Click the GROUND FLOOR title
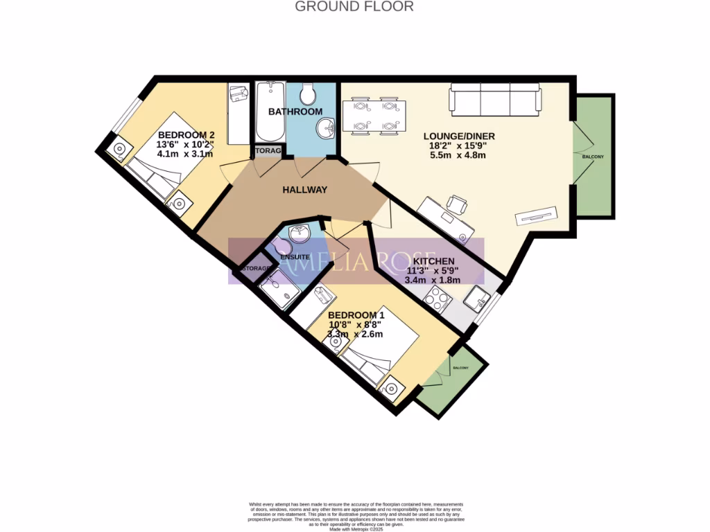coord(354,7)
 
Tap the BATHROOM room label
coord(295,112)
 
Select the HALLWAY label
coord(304,190)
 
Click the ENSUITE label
coord(295,257)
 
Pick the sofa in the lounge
coord(495,98)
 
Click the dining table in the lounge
coord(374,114)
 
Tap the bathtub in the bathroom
coord(269,111)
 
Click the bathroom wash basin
coord(325,127)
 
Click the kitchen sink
coord(477,299)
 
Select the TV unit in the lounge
coord(535,215)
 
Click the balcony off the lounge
coord(594,156)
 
